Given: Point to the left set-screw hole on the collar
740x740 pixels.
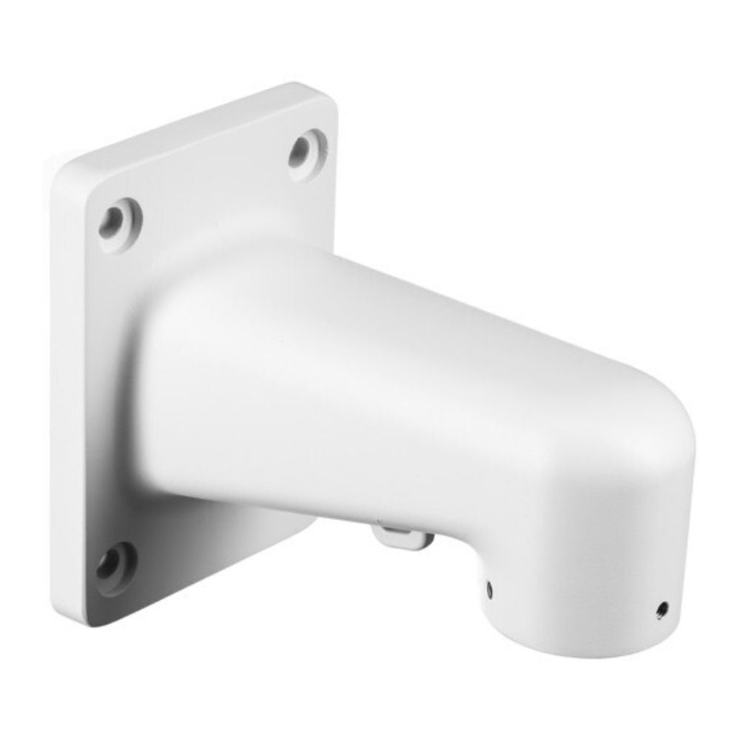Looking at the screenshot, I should (490, 588).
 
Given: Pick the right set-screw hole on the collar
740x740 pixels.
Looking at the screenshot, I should (661, 609).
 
